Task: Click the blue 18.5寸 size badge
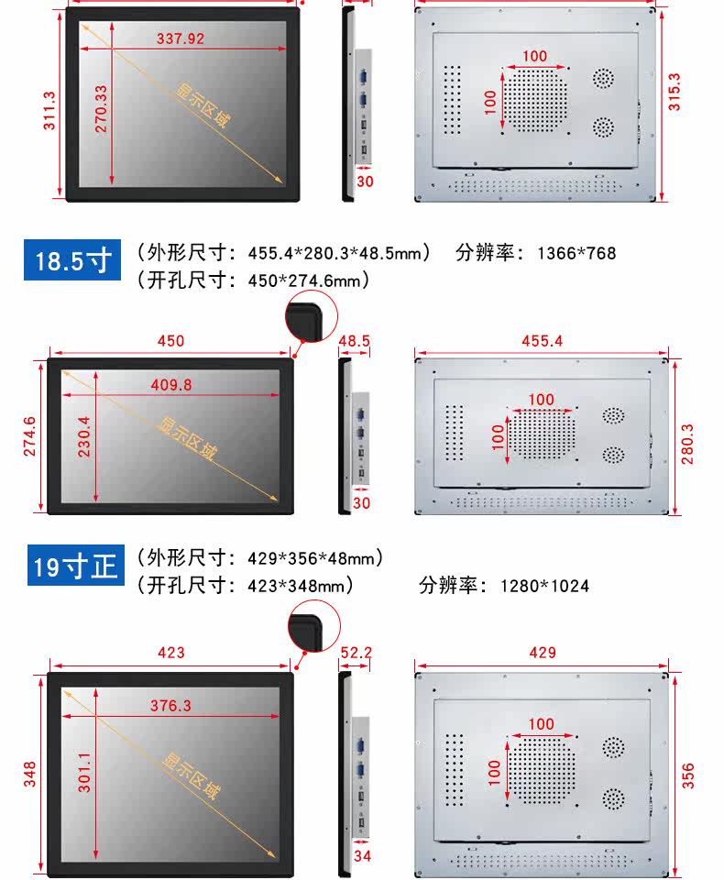(x=72, y=259)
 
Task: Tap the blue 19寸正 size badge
(x=76, y=566)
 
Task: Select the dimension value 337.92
(x=181, y=38)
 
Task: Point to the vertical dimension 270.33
(x=101, y=109)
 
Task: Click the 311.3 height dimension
(x=49, y=111)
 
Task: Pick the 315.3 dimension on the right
(x=674, y=92)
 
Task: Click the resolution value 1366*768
(x=576, y=253)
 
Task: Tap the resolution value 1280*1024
(x=544, y=586)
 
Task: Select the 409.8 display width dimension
(x=171, y=384)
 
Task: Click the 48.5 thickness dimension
(x=354, y=341)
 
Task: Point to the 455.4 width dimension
(x=543, y=341)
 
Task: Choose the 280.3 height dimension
(x=687, y=444)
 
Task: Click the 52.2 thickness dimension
(x=356, y=652)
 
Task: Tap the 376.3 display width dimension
(x=170, y=705)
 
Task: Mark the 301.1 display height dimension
(x=83, y=772)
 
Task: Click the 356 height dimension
(x=687, y=775)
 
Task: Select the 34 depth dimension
(x=362, y=855)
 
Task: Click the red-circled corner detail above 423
(x=313, y=626)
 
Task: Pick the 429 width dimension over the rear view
(x=543, y=652)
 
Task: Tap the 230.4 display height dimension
(x=83, y=436)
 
